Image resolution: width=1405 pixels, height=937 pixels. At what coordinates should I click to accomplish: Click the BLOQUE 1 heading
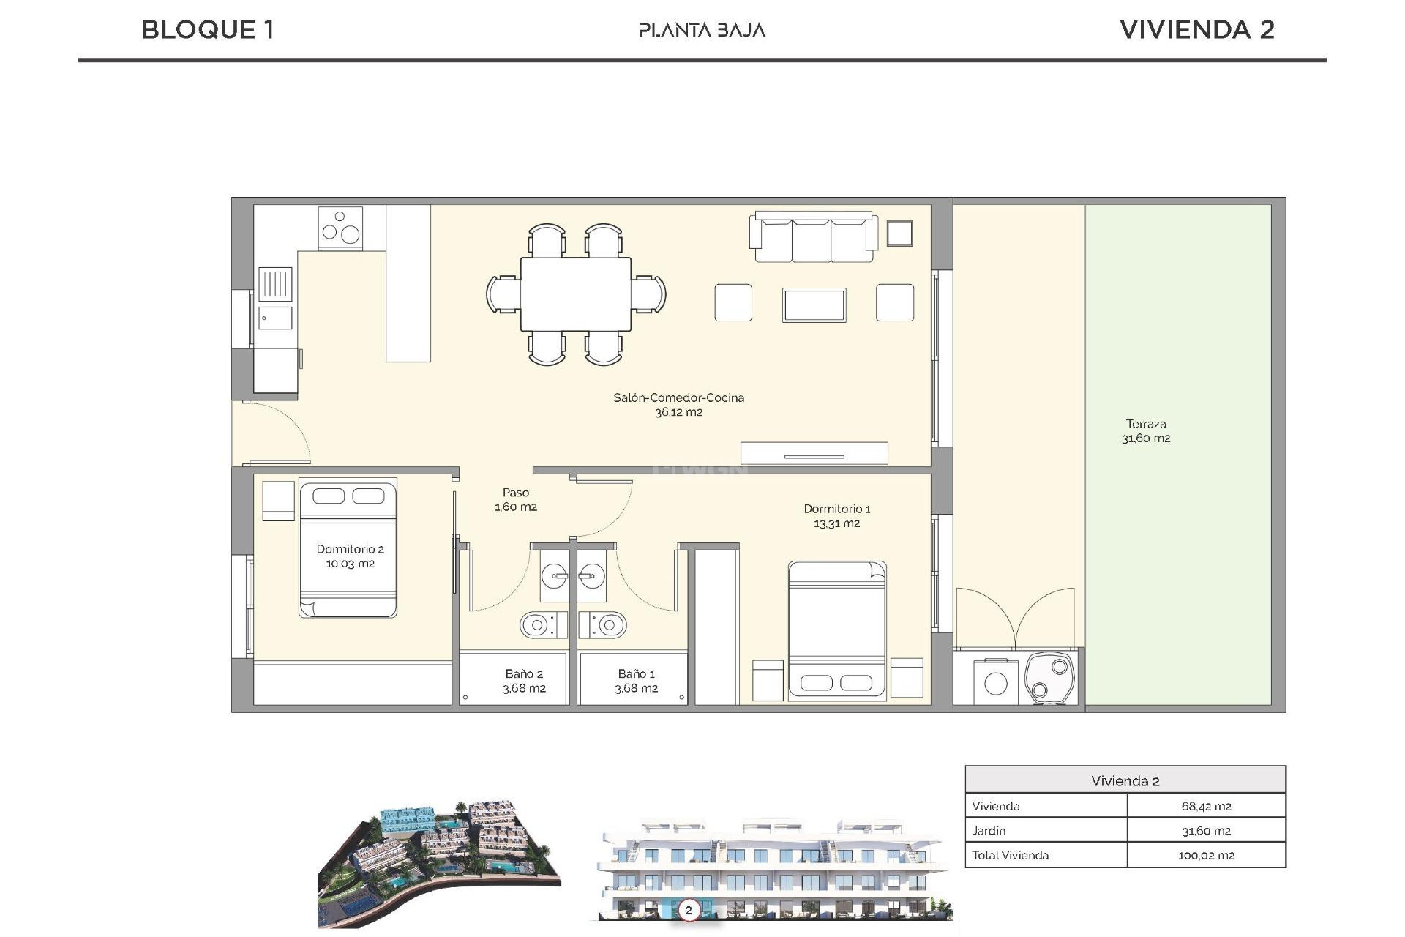tap(208, 30)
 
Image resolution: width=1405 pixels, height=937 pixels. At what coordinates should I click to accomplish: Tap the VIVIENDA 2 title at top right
tap(1196, 30)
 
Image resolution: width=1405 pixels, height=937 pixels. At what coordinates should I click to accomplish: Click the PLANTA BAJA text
tap(702, 30)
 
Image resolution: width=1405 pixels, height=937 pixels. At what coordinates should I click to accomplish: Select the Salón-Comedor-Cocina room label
tap(678, 405)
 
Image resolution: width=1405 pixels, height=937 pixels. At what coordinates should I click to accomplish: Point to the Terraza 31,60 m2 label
tap(1145, 431)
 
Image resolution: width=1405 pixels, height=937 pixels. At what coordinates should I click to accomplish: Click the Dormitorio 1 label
tap(836, 515)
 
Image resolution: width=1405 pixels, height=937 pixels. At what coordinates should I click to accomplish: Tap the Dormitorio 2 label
tap(350, 556)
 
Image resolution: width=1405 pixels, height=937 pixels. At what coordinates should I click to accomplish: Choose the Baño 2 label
tap(524, 681)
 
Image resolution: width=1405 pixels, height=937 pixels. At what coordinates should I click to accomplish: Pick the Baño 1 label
tap(636, 681)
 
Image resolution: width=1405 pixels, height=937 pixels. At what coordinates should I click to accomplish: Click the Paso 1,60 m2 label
tap(516, 499)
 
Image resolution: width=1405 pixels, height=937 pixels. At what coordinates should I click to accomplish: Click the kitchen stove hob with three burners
tap(340, 228)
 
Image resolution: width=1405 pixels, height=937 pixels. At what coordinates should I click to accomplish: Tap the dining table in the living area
tap(576, 294)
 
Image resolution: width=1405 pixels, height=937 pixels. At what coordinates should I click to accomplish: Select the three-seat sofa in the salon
tap(813, 237)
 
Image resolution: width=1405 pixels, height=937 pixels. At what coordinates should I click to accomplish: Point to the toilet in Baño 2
tap(542, 625)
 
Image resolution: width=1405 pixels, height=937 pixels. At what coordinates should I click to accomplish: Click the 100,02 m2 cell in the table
tap(1205, 855)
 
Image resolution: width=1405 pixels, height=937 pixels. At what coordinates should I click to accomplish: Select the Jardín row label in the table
tap(989, 831)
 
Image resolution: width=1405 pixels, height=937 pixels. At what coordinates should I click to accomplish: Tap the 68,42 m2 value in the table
tap(1205, 806)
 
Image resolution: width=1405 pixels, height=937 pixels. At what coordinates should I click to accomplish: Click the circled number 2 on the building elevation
tap(688, 911)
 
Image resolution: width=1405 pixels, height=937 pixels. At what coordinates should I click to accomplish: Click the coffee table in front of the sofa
tap(814, 305)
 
